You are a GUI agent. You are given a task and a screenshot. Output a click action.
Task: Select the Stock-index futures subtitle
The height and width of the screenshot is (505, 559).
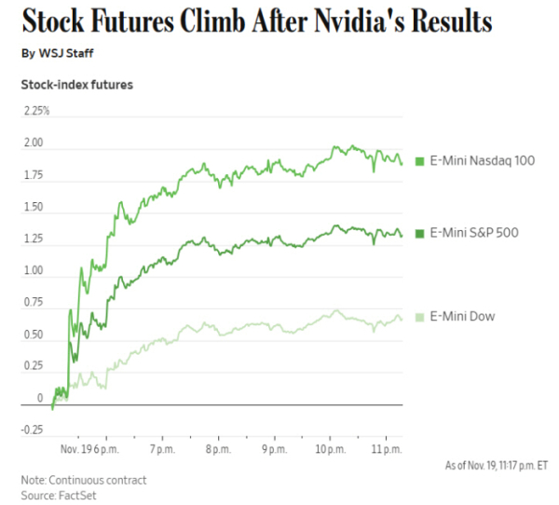click(x=76, y=85)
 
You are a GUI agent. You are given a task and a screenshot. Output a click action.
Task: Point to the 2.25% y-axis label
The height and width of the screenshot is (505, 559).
click(x=36, y=111)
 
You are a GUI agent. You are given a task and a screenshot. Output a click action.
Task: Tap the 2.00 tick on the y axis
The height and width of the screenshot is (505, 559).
click(x=34, y=143)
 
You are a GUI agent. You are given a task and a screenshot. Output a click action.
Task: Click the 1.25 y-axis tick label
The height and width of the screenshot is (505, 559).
click(x=34, y=239)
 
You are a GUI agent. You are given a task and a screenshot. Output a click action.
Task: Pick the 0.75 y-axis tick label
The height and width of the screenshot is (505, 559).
click(x=34, y=303)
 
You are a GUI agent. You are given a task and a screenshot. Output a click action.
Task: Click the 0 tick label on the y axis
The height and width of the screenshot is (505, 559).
click(x=39, y=399)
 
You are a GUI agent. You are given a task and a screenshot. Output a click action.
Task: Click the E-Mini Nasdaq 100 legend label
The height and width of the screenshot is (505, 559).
click(x=482, y=161)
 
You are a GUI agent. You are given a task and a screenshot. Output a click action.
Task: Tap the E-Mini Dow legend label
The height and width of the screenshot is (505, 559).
click(x=462, y=317)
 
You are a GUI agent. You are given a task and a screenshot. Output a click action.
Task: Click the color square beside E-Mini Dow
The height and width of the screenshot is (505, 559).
click(x=420, y=318)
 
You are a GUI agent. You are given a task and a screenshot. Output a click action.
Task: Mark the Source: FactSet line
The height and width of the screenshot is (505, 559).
click(x=59, y=495)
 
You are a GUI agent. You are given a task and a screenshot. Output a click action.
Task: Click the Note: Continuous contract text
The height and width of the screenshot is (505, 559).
click(x=83, y=480)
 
